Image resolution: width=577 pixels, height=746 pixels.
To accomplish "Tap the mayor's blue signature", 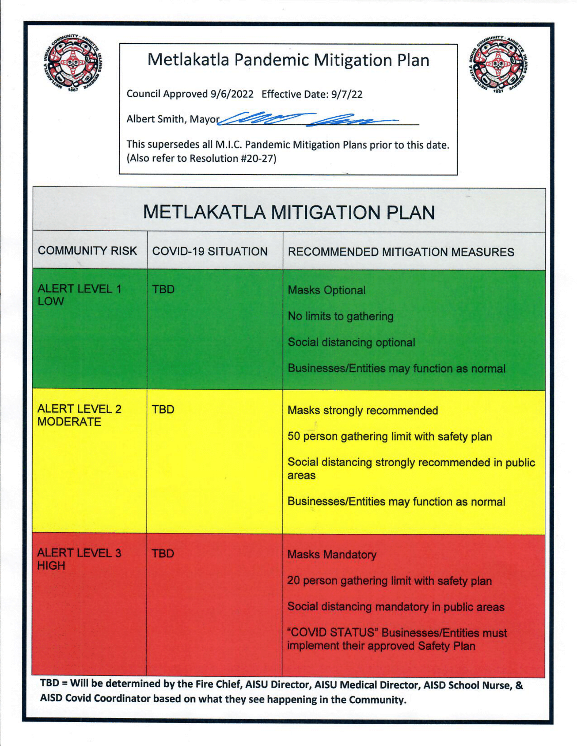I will [308, 120].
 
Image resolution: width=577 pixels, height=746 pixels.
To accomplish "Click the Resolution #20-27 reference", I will [232, 158].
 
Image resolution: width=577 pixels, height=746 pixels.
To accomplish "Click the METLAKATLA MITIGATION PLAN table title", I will [289, 213].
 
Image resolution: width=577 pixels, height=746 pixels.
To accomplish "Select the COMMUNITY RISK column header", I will [88, 251].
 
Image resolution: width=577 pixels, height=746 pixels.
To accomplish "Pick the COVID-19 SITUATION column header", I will [210, 251].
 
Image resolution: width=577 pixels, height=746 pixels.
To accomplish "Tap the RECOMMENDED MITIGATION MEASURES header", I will [401, 252].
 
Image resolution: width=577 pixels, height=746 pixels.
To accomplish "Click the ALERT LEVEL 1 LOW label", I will [79, 295].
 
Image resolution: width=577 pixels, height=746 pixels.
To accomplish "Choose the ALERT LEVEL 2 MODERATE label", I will [79, 415].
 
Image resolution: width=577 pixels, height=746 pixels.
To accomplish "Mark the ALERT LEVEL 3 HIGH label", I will [79, 559].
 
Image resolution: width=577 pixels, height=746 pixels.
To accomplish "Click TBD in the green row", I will [163, 289].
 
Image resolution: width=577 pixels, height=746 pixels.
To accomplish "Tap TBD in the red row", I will [163, 554].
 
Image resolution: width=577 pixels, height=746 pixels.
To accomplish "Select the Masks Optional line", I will [327, 290].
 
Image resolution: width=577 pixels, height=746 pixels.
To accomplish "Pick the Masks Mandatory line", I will [332, 554].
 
